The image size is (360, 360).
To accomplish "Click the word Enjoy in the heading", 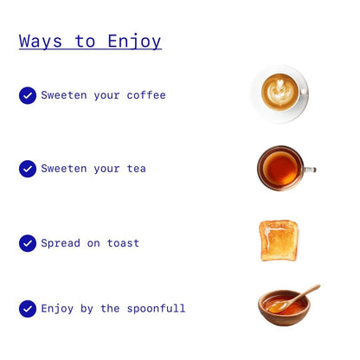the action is tap(134, 42).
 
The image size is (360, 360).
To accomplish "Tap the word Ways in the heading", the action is tap(41, 42).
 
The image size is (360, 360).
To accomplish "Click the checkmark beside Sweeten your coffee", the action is tap(28, 95).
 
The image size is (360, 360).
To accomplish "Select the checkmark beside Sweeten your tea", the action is tap(28, 169).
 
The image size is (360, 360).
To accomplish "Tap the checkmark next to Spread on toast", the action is tap(28, 243).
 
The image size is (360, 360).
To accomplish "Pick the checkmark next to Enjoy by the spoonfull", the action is tap(28, 309).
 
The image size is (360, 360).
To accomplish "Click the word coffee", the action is tap(146, 95).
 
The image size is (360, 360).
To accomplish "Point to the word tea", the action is tap(137, 169).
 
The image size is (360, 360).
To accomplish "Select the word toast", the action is tap(123, 243).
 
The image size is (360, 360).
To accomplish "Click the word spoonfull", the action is tap(156, 309).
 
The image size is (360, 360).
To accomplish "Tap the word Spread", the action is tap(61, 243).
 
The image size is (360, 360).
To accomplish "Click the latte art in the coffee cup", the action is tap(279, 91).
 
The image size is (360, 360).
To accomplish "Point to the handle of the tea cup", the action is tap(310, 170).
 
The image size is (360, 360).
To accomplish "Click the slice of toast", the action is tap(279, 241).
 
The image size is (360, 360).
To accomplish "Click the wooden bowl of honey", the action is tap(284, 308).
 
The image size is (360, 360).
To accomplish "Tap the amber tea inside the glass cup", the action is tap(280, 169).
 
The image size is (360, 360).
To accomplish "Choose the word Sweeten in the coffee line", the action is tap(64, 95).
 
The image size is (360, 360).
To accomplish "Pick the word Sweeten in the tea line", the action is tap(64, 169).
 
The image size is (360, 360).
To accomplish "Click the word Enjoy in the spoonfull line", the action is tap(57, 309).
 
